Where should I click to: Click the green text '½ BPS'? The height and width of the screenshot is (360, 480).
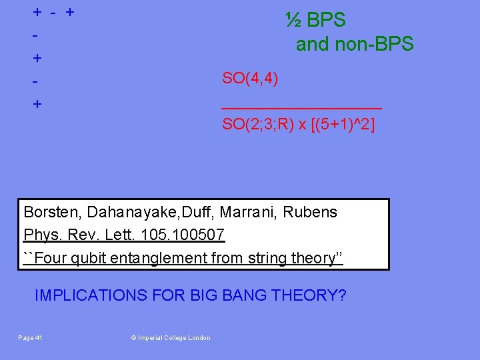tap(315, 20)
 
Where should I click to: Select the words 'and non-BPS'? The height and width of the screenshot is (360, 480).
tap(355, 45)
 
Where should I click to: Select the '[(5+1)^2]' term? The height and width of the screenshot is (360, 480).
tap(341, 124)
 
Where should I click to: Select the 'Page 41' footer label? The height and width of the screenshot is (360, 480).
tap(30, 338)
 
